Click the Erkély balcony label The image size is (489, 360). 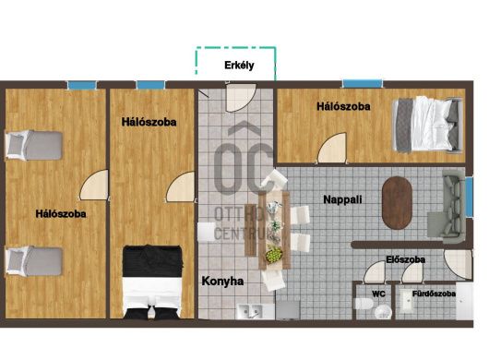[x=239, y=66]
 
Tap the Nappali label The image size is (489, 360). [x=342, y=199]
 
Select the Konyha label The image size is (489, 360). [x=222, y=281]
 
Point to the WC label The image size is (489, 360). [x=378, y=294]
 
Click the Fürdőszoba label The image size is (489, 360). [x=434, y=294]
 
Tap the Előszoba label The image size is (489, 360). [x=405, y=259]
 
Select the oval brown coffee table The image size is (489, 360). [x=397, y=203]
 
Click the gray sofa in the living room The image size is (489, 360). [x=447, y=206]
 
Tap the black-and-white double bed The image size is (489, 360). [x=152, y=282]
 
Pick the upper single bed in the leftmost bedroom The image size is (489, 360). [x=34, y=145]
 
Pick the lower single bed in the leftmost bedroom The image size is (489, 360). [x=34, y=261]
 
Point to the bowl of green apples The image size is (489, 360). [x=274, y=253]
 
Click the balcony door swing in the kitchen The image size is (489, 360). [x=241, y=97]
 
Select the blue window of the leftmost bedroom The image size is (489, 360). [x=82, y=85]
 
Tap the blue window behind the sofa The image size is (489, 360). [x=469, y=197]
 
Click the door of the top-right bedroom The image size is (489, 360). [x=332, y=148]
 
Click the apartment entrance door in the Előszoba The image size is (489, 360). [x=459, y=264]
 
